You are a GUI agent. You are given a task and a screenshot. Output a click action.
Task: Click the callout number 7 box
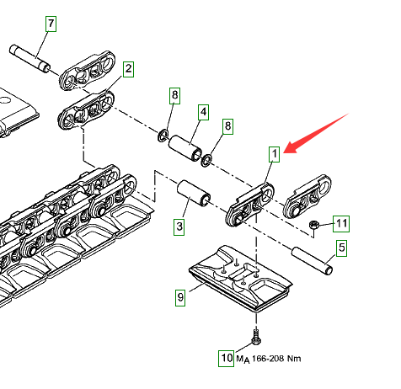[x=51, y=24]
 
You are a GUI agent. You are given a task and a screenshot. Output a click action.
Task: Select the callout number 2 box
[x=128, y=69]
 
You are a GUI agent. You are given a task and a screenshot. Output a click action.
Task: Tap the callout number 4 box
[x=203, y=113]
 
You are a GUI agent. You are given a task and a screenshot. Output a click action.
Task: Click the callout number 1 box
[x=275, y=154]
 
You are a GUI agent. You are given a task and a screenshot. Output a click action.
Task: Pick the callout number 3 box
[x=179, y=226]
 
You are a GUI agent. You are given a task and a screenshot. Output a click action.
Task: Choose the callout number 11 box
[x=341, y=224]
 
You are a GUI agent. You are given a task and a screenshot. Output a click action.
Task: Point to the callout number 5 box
[x=341, y=248]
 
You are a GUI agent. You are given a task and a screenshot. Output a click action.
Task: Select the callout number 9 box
[x=180, y=297]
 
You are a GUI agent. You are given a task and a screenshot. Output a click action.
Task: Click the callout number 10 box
[x=227, y=359]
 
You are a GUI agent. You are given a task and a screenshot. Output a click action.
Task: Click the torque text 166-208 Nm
[x=276, y=359]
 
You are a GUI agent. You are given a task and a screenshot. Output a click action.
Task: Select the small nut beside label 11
[x=313, y=225]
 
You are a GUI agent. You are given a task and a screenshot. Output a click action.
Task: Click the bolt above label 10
[x=256, y=337]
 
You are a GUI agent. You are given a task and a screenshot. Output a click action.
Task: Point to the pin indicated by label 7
[x=30, y=58]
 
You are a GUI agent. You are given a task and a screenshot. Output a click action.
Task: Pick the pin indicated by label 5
[x=313, y=260]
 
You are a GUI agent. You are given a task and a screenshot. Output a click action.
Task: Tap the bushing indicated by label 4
[x=185, y=149]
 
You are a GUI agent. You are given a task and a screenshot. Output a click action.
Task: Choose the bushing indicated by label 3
[x=194, y=192]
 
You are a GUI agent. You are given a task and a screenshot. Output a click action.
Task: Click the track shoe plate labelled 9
[x=240, y=278]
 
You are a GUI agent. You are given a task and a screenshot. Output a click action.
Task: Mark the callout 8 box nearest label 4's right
[x=228, y=126]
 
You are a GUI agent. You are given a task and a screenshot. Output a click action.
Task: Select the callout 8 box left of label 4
[x=174, y=96]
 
